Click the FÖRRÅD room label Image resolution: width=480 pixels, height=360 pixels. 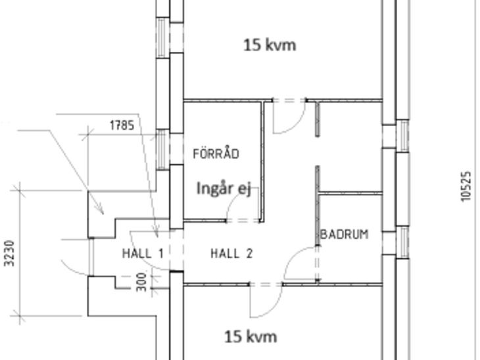pyautogui.click(x=216, y=154)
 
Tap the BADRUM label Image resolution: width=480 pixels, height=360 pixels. pyautogui.click(x=345, y=235)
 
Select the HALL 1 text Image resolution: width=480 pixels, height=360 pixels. pyautogui.click(x=143, y=254)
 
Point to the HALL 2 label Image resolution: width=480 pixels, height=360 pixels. pyautogui.click(x=231, y=254)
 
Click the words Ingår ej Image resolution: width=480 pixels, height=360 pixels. pyautogui.click(x=224, y=189)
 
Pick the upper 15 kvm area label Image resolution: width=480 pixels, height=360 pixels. pyautogui.click(x=270, y=45)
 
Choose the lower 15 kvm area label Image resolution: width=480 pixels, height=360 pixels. pyautogui.click(x=251, y=337)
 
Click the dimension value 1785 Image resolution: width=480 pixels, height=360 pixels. pyautogui.click(x=122, y=125)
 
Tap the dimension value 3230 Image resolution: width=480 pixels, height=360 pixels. pyautogui.click(x=10, y=254)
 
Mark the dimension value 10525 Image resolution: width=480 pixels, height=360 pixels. pyautogui.click(x=466, y=187)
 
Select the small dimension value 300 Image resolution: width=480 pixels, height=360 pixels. pyautogui.click(x=141, y=282)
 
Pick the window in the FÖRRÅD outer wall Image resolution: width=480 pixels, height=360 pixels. pyautogui.click(x=163, y=149)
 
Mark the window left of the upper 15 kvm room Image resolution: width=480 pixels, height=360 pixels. pyautogui.click(x=163, y=37)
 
